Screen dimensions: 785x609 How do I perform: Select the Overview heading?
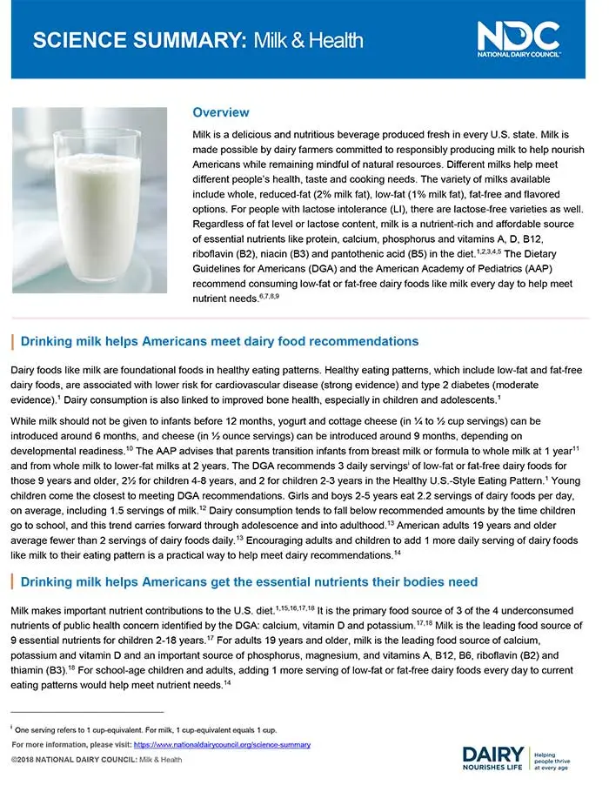coord(221,113)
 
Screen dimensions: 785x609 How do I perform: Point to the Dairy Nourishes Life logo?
coord(493,759)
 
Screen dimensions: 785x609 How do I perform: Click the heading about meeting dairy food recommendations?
coord(219,341)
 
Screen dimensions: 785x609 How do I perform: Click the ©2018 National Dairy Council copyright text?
coord(97,760)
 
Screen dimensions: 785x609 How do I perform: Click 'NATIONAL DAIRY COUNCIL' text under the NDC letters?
coord(519,54)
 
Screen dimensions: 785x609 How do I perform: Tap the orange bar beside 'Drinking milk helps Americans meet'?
coord(12,341)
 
